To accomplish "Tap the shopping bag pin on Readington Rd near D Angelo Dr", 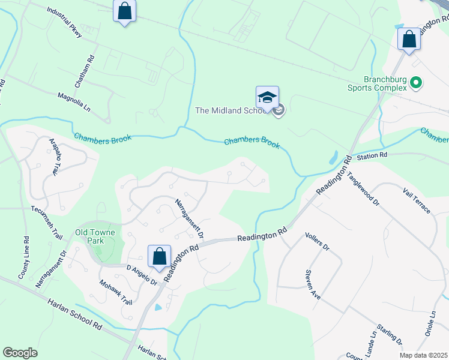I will click(x=160, y=256).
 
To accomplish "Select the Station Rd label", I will click(x=373, y=156).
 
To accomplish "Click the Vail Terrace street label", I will click(x=417, y=200).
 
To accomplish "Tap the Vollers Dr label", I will click(x=318, y=241).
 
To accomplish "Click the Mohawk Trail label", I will click(x=115, y=292).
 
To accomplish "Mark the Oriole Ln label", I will click(x=433, y=323).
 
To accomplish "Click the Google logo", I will click(x=20, y=353).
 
